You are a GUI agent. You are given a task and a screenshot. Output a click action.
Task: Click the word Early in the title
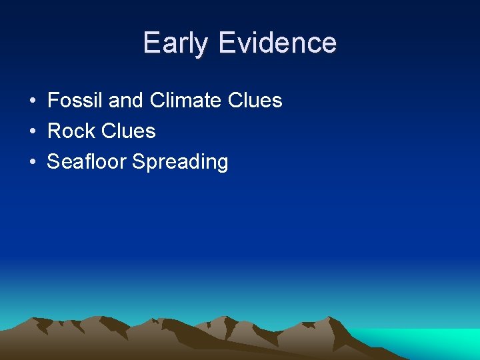(x=176, y=43)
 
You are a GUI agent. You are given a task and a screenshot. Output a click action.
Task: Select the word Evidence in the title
(x=277, y=43)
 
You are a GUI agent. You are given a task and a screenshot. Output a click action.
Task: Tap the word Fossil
(x=75, y=101)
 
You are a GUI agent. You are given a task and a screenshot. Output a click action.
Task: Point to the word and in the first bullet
(x=126, y=101)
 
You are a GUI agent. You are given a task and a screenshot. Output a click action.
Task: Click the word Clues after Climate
(x=255, y=101)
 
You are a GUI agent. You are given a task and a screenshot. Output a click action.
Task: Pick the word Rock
(x=71, y=131)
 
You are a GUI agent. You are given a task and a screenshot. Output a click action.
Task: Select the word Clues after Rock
(x=129, y=131)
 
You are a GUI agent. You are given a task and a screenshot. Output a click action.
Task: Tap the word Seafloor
(x=87, y=162)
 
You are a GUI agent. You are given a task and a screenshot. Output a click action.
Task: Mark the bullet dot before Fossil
(x=33, y=101)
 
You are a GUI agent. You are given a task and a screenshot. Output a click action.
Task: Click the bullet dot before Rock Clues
(x=33, y=132)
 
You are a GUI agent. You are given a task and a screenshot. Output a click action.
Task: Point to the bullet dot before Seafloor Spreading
(x=33, y=163)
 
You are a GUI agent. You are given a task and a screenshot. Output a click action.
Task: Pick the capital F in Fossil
(x=53, y=101)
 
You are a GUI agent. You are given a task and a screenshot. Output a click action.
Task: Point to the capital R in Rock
(x=54, y=131)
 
